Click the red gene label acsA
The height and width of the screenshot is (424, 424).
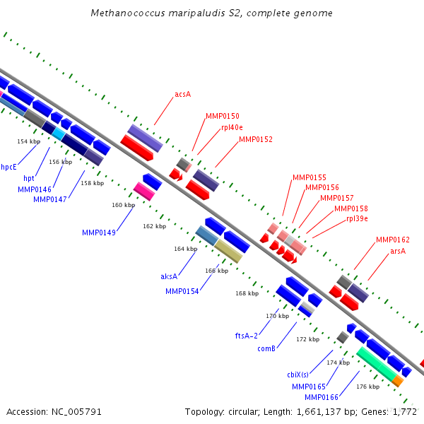(x=183, y=94)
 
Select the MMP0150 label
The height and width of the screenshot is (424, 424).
(x=223, y=116)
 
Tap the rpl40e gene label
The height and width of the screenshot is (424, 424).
(x=232, y=127)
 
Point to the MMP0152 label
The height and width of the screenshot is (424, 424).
(x=256, y=139)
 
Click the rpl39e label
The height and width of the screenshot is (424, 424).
(x=357, y=218)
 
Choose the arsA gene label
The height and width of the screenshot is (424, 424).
(x=398, y=251)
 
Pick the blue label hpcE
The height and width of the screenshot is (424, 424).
(x=9, y=167)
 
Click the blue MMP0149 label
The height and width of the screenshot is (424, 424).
(x=99, y=232)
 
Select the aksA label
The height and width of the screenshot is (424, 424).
(x=169, y=276)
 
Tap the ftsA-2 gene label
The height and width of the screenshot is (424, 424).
(x=247, y=336)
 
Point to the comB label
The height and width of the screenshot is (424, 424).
(x=266, y=348)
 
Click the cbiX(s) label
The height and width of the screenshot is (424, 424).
(x=298, y=375)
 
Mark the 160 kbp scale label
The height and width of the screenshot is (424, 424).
(x=123, y=205)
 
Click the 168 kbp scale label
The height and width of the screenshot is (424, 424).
(x=247, y=293)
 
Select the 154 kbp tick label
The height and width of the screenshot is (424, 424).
(x=29, y=141)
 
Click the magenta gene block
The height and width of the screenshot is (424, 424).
(x=144, y=192)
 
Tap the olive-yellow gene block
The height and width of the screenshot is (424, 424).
(x=228, y=251)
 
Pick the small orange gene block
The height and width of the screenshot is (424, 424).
(x=398, y=381)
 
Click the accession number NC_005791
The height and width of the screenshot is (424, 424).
(x=76, y=412)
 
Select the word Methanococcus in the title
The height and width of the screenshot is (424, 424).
(x=128, y=13)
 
